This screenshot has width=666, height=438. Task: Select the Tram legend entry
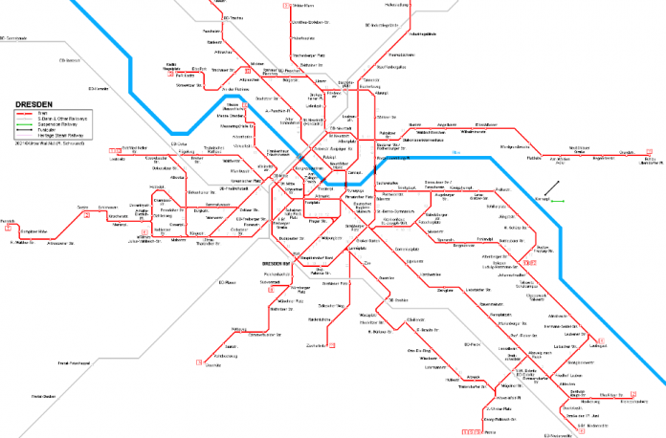[x=45, y=113]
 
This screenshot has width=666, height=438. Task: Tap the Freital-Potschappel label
[x=73, y=363]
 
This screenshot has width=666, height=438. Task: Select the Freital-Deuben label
[x=44, y=395]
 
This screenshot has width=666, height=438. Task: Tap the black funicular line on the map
[x=552, y=186]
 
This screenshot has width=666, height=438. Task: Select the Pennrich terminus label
[x=9, y=221]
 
